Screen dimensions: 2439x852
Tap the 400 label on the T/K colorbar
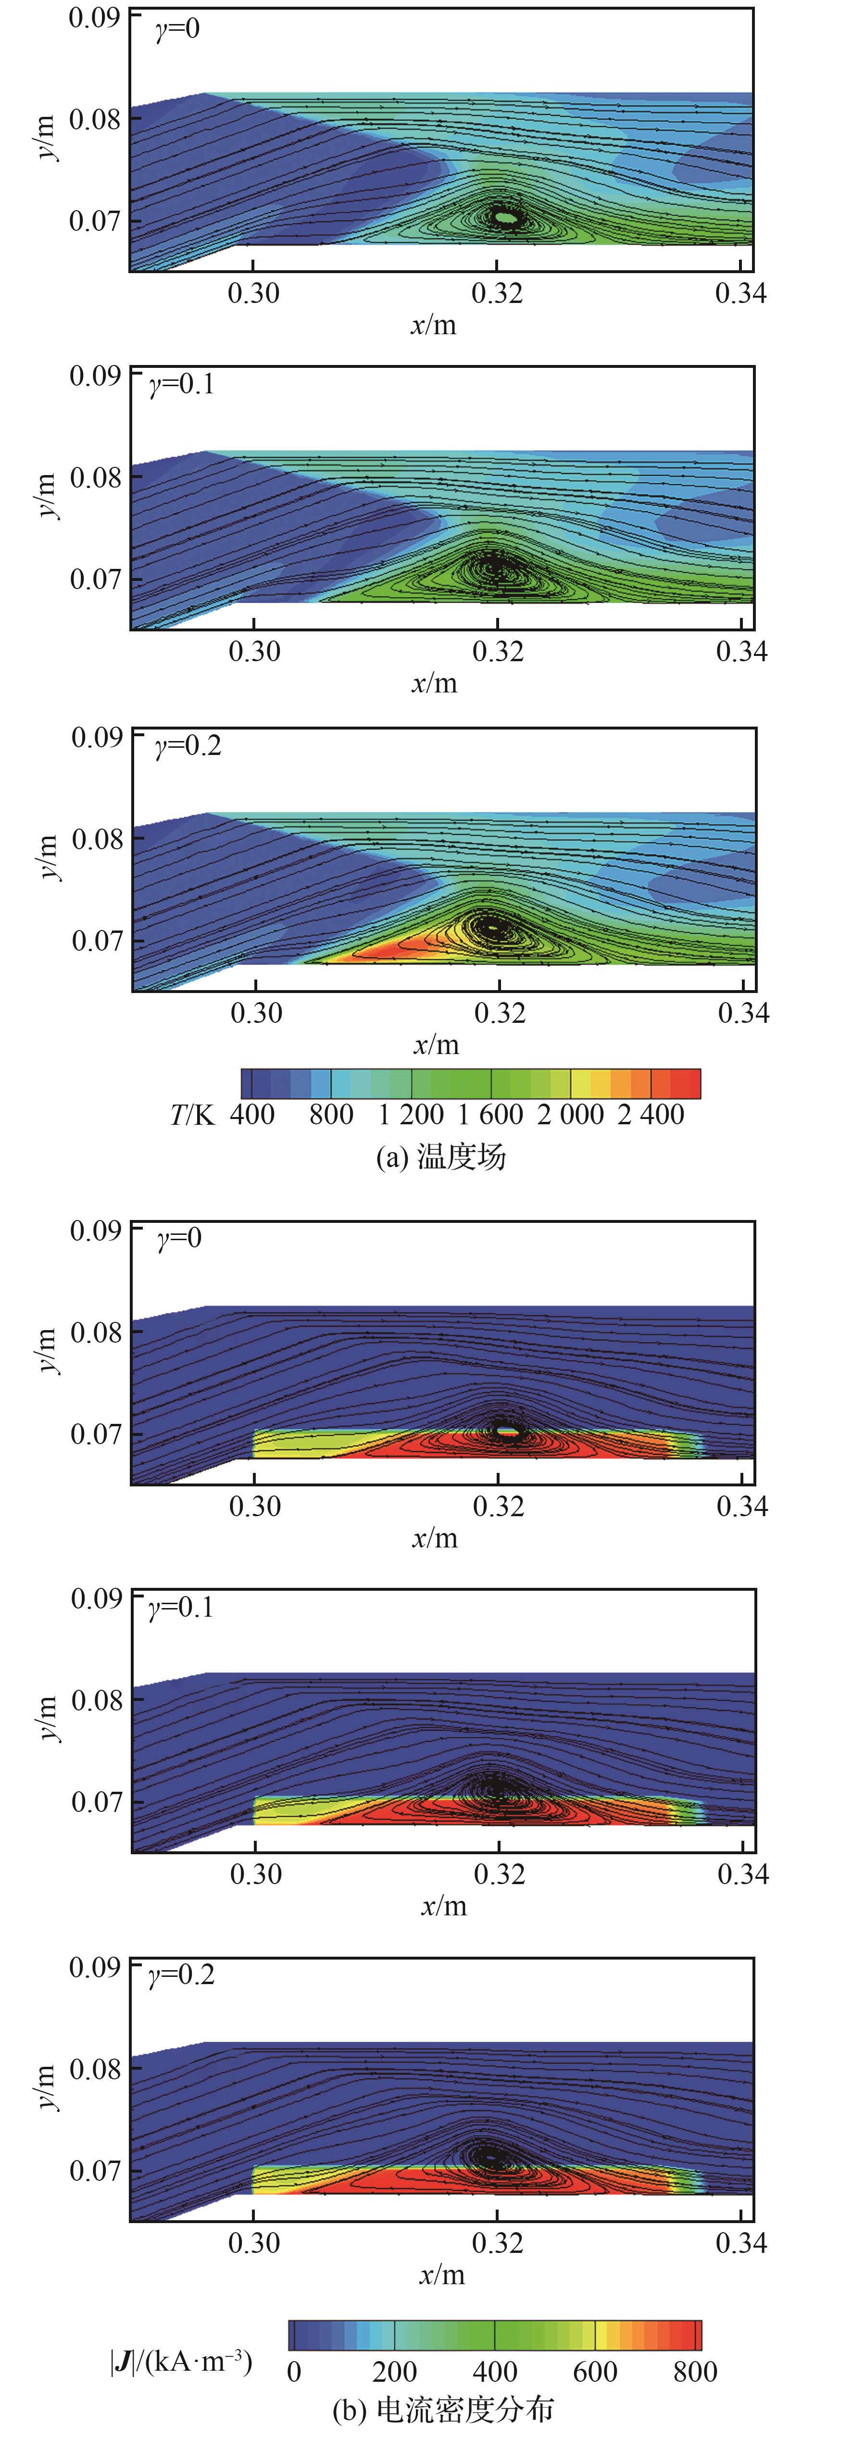tap(252, 1114)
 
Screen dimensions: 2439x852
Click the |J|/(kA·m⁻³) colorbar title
tap(181, 2362)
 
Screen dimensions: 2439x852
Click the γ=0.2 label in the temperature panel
tap(188, 746)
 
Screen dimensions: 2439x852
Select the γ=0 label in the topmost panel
tap(177, 28)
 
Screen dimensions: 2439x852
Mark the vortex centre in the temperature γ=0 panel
tap(506, 218)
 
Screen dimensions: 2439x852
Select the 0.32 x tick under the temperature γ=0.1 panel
tap(498, 652)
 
